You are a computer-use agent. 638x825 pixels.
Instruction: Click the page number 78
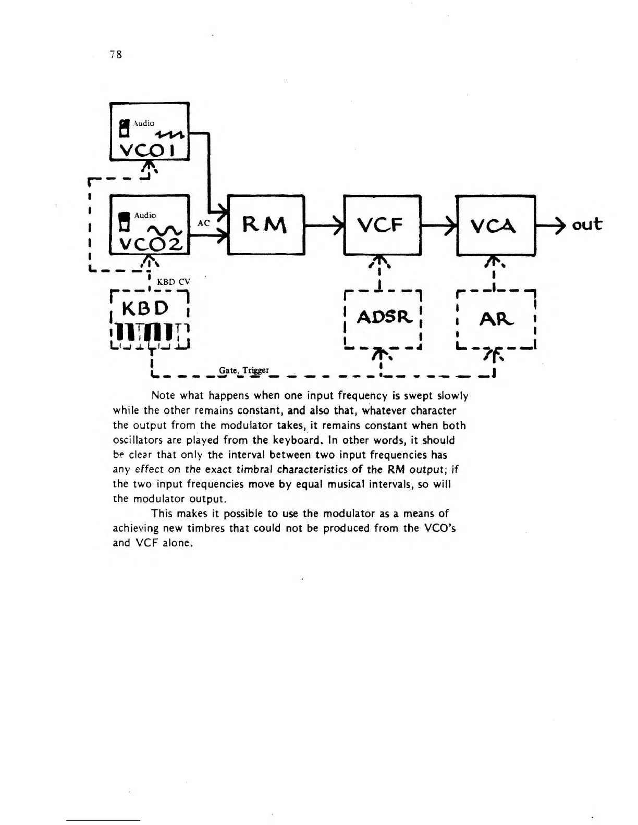[116, 54]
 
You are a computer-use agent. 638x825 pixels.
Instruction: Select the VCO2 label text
[148, 243]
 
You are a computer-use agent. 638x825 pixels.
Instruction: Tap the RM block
[266, 224]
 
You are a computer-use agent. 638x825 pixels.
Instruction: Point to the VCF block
[382, 224]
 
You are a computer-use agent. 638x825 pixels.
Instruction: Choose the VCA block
[496, 225]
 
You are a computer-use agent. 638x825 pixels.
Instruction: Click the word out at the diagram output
[586, 224]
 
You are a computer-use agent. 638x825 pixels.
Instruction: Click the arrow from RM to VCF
[324, 225]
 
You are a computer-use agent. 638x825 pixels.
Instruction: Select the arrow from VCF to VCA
[438, 225]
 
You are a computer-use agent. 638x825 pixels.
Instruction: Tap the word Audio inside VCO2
[145, 215]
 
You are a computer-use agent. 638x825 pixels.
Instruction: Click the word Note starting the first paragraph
[162, 396]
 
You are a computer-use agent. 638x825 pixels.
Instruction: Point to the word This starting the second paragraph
[162, 513]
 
